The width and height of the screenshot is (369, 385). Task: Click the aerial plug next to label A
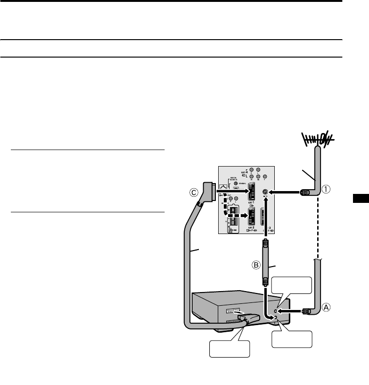point(306,311)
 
